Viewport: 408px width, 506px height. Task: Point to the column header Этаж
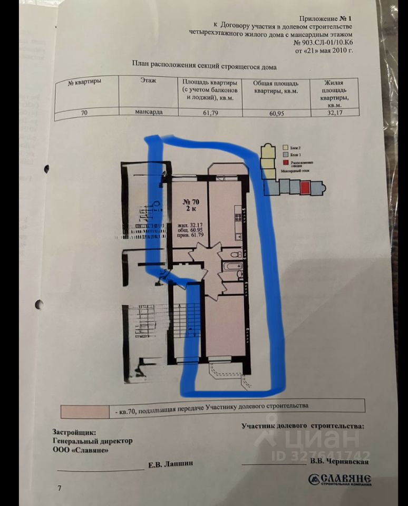pyautogui.click(x=148, y=80)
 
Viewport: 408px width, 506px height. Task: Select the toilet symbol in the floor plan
pyautogui.click(x=237, y=255)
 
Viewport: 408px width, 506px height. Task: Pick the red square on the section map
pyautogui.click(x=304, y=187)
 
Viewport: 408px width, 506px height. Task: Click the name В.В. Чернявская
pyautogui.click(x=339, y=462)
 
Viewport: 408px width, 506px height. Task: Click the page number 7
pyautogui.click(x=60, y=488)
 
